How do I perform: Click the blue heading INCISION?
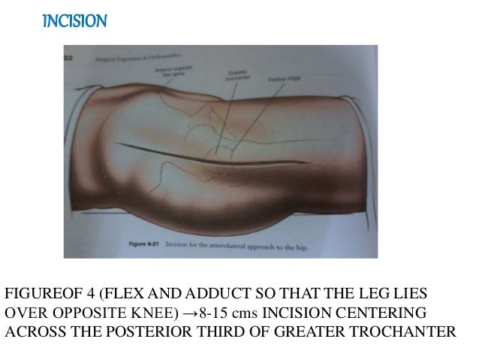[x=74, y=20]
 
